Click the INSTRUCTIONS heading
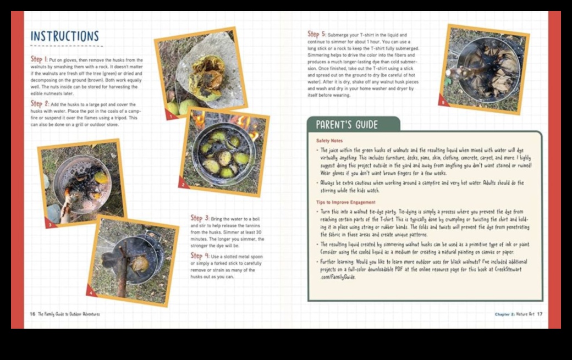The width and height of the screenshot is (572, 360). (64, 37)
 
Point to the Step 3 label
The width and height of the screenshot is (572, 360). (200, 218)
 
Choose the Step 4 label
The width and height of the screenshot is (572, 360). (200, 256)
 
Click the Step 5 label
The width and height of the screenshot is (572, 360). (316, 35)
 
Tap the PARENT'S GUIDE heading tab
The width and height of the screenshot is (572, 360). (346, 125)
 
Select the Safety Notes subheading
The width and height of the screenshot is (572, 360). (329, 141)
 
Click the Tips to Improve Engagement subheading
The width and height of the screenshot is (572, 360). (346, 202)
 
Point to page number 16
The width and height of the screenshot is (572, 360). (32, 314)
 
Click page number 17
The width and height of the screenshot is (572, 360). (540, 314)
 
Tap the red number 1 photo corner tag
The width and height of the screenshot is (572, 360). (171, 116)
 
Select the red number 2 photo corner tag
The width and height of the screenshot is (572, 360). (183, 185)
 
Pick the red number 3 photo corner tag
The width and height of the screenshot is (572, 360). (50, 224)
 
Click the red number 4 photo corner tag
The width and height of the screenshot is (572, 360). (91, 293)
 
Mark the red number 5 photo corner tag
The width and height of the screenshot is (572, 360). (442, 102)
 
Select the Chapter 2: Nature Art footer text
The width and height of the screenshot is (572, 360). (514, 314)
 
